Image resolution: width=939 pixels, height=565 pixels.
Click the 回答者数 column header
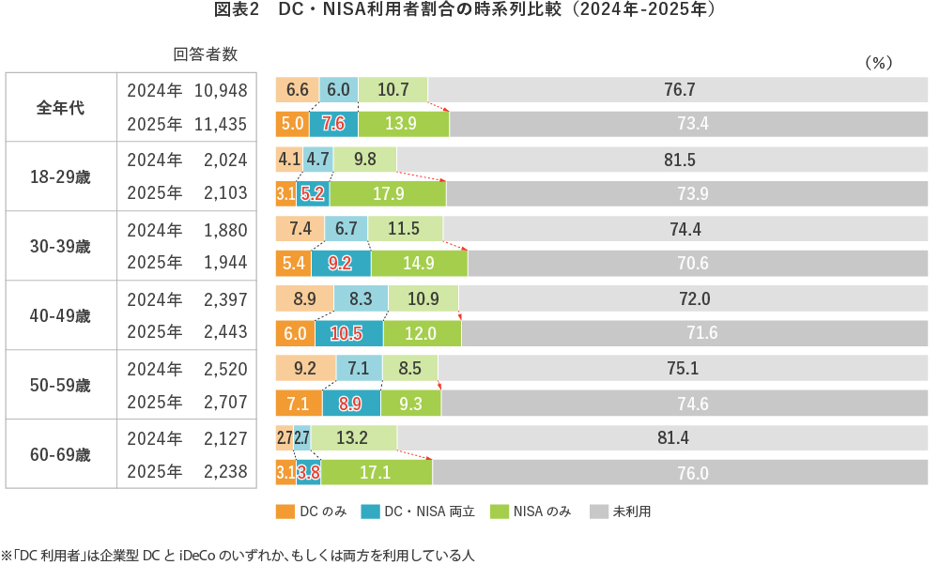point(205,53)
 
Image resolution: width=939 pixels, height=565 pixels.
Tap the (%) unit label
point(877,62)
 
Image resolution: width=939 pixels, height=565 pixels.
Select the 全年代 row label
point(61,107)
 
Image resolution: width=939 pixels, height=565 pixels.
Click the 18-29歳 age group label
point(61,176)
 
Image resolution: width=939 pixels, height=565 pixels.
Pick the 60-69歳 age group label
point(61,455)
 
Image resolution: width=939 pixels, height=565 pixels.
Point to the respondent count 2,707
point(225,403)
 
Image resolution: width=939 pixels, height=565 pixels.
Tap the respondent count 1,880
point(225,230)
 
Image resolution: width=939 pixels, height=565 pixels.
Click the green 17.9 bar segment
point(388,194)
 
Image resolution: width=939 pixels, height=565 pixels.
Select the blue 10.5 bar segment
point(348,333)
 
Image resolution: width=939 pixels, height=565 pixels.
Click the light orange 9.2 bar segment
point(305,369)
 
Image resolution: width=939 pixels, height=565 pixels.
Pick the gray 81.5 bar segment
point(679,160)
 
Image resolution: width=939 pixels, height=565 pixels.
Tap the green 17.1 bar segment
point(376,473)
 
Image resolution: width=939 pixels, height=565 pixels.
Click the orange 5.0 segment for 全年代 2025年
point(292,124)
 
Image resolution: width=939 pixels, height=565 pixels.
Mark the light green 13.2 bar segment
point(354,438)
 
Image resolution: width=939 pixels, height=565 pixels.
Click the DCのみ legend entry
point(312,512)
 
